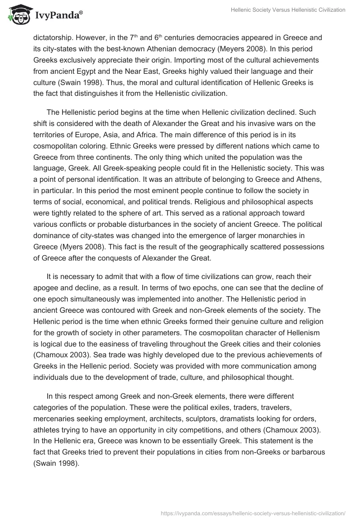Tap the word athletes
48,429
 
